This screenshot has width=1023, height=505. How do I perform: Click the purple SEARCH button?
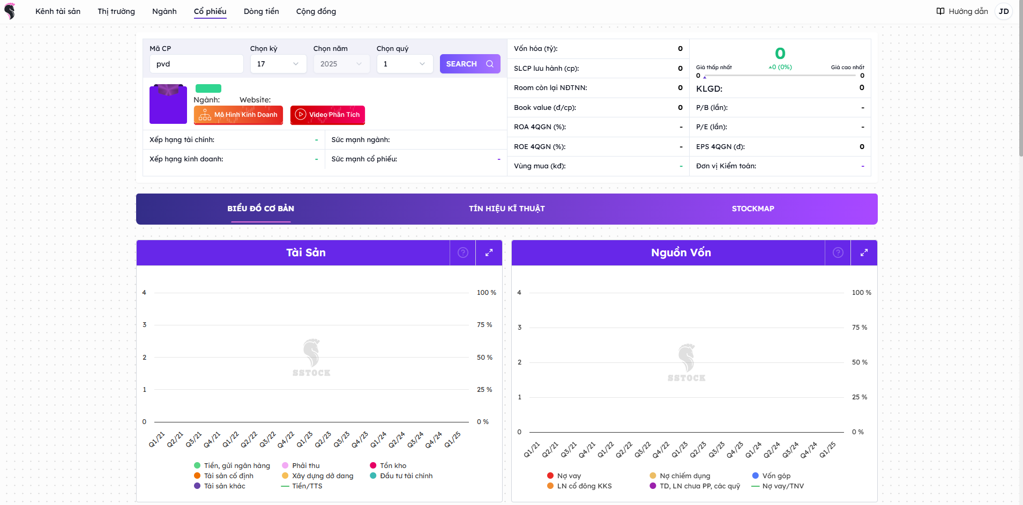tap(469, 64)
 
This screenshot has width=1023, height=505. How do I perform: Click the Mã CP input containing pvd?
tap(196, 64)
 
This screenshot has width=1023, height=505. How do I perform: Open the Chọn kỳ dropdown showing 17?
tap(278, 64)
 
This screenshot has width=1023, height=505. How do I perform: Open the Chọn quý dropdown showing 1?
tap(405, 64)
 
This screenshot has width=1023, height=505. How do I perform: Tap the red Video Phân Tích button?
tap(327, 115)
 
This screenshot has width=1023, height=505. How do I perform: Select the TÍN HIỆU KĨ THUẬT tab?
tap(506, 209)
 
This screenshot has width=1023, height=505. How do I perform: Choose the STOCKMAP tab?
tap(752, 209)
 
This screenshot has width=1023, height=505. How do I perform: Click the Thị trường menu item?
tap(116, 11)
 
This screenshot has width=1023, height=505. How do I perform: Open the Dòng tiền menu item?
tap(261, 11)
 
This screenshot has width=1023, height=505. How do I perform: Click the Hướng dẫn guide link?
tap(962, 11)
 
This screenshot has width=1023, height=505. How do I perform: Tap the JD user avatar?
tap(1003, 11)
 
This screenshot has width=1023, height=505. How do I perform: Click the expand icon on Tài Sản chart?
tap(489, 252)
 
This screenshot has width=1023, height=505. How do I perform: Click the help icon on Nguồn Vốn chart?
tap(838, 252)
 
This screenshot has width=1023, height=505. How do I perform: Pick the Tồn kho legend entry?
tap(393, 465)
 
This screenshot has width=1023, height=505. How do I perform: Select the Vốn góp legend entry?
tap(776, 476)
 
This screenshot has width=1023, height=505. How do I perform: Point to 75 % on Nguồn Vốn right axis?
tap(860, 328)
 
